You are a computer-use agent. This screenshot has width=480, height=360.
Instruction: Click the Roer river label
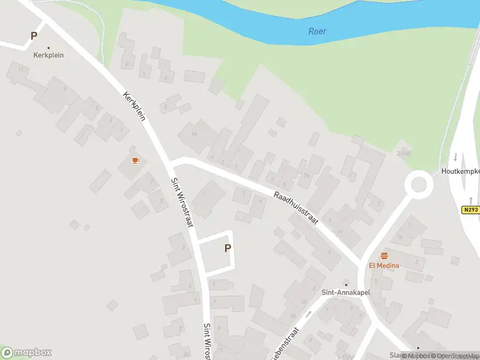[x=317, y=31]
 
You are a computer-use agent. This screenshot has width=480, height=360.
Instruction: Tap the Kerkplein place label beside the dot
[x=49, y=55]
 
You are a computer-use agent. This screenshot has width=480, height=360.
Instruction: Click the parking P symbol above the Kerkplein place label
[x=34, y=36]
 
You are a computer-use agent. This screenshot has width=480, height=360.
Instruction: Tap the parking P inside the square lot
[x=227, y=248]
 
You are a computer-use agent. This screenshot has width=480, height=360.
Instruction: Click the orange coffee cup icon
[x=136, y=160]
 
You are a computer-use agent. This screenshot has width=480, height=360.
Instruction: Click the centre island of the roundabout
[x=418, y=185]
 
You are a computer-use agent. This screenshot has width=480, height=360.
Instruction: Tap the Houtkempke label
[x=460, y=171]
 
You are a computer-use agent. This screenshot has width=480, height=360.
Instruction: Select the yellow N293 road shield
[x=470, y=210]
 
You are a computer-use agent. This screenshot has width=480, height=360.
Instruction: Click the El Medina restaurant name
[x=384, y=265]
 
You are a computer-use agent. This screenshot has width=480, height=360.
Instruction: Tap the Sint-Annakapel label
[x=346, y=293]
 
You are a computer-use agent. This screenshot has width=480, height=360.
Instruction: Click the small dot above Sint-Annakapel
[x=346, y=284]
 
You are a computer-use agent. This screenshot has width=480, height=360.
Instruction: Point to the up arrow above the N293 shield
[x=471, y=200]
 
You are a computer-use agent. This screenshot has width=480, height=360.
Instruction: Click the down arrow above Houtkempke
[x=455, y=157]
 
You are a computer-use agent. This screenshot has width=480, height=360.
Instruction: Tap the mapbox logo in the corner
[x=26, y=352]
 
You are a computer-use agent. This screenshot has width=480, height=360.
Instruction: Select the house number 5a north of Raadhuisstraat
[x=307, y=175]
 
